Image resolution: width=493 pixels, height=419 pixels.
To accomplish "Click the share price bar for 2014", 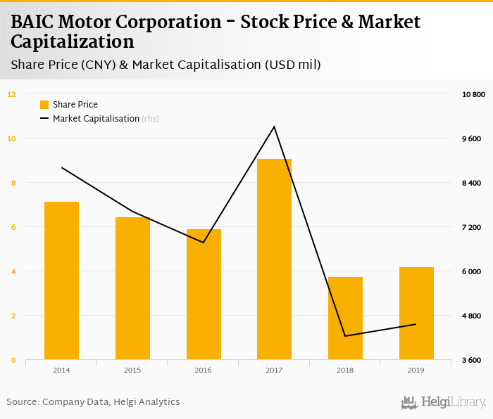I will pos(61,281).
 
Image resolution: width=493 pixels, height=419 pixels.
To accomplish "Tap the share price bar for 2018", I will pos(345,318).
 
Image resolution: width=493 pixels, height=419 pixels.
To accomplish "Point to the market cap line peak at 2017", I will pos(274,127).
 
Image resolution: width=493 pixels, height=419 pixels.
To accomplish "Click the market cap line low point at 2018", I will pos(345,336).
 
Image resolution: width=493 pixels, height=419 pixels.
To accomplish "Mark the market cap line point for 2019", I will pos(416,324).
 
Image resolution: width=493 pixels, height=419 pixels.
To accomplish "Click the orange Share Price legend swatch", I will pos(44,105).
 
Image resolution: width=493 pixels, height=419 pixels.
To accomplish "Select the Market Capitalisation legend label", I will pos(96,119).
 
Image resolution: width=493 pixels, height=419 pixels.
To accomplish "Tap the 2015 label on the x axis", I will pos(132,370).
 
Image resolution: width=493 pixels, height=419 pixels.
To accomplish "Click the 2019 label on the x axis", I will pos(416,370).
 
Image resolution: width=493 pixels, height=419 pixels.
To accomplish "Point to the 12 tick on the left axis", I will pos(11,94).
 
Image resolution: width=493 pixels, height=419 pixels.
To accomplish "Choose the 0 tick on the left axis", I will pos(13,360).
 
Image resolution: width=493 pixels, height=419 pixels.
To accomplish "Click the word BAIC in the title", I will pos(34,22).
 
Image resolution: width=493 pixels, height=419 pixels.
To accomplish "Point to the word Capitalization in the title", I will pos(72,41).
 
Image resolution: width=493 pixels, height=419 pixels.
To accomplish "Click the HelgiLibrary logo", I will pos(443,402).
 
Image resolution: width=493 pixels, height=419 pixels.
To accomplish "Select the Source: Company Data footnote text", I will pos(93,402).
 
